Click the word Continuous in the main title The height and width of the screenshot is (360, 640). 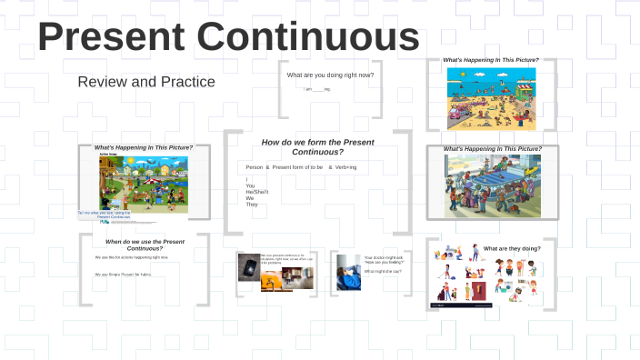(x=308, y=36)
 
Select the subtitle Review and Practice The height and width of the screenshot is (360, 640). (x=146, y=82)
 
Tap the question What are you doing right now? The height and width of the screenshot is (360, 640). (x=330, y=75)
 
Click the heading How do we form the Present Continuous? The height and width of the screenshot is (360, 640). (x=317, y=146)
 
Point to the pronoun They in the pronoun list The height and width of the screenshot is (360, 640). (x=252, y=205)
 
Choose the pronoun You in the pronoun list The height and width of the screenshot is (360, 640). (x=250, y=185)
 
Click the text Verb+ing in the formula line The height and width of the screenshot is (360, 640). (x=345, y=167)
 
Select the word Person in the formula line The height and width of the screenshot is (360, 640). (x=255, y=167)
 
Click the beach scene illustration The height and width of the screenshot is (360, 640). (x=491, y=97)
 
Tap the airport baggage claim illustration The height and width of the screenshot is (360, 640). (x=493, y=185)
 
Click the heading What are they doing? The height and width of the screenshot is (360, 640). (x=512, y=248)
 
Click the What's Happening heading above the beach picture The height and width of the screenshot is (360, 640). (x=491, y=60)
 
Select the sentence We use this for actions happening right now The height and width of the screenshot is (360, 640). (x=132, y=257)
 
